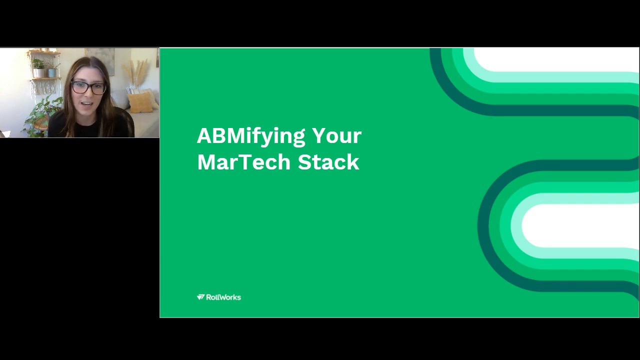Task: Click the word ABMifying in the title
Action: point(250,136)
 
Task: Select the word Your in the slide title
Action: point(336,136)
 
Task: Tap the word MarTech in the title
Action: point(243,162)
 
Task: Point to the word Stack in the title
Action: point(328,162)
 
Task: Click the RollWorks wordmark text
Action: point(223,297)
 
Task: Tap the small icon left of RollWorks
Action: point(200,297)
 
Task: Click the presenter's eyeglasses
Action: point(88,88)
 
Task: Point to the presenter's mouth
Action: point(86,104)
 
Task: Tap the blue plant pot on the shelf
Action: point(51,72)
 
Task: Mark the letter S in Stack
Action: point(304,162)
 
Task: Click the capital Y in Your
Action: point(318,136)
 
